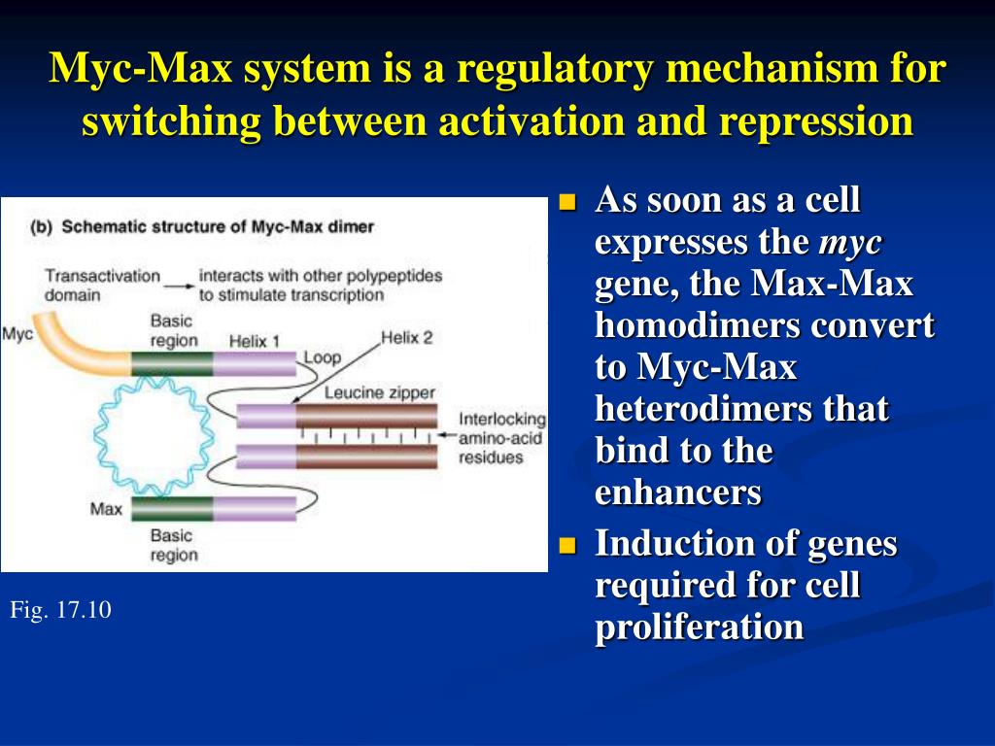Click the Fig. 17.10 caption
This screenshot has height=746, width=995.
pos(61,610)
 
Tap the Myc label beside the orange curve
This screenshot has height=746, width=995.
pos(17,334)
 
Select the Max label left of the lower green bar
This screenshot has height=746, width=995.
pos(105,508)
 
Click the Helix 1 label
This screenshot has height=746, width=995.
pos(255,341)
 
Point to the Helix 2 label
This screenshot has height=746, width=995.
pos(406,338)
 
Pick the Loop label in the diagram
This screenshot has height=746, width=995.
pos(323,357)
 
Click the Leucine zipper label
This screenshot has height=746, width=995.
pos(379,392)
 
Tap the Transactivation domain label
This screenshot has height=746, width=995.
pos(102,284)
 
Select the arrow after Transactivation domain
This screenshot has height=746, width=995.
pos(178,284)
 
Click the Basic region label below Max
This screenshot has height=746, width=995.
pos(173,545)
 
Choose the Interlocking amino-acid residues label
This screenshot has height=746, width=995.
pos(502,438)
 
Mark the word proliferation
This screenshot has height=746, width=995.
pos(699,627)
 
